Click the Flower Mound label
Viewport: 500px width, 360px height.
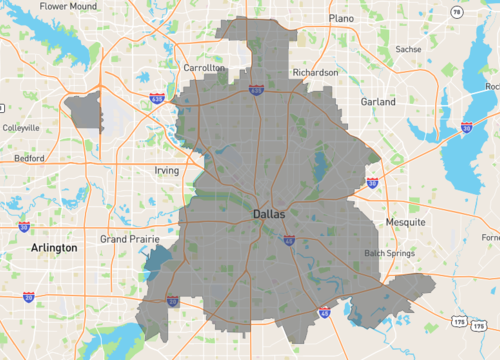(x=69, y=6)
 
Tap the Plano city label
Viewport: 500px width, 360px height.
(x=342, y=18)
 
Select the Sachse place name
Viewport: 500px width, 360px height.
(x=408, y=48)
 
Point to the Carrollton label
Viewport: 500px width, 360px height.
(x=203, y=68)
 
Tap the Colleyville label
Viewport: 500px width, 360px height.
(x=21, y=128)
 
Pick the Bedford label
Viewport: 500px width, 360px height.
(x=29, y=159)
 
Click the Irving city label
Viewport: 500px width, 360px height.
(x=167, y=171)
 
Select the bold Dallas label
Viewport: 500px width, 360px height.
(x=269, y=214)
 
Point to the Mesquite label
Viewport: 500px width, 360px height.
(x=405, y=221)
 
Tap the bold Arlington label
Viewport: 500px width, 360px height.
(x=54, y=247)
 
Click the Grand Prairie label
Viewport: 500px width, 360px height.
(x=130, y=240)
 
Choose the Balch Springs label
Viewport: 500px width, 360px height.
(x=389, y=253)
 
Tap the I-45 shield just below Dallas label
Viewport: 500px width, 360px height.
(x=288, y=240)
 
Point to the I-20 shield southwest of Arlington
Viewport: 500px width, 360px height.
(x=28, y=297)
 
